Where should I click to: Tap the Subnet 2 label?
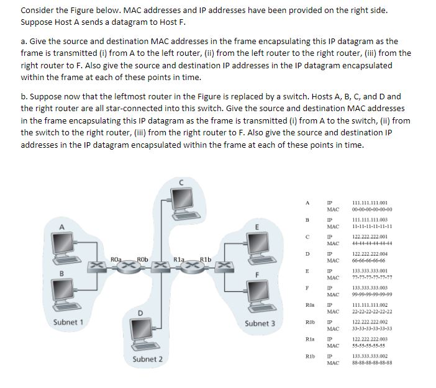point(147,359)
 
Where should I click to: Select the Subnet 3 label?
point(260,323)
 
